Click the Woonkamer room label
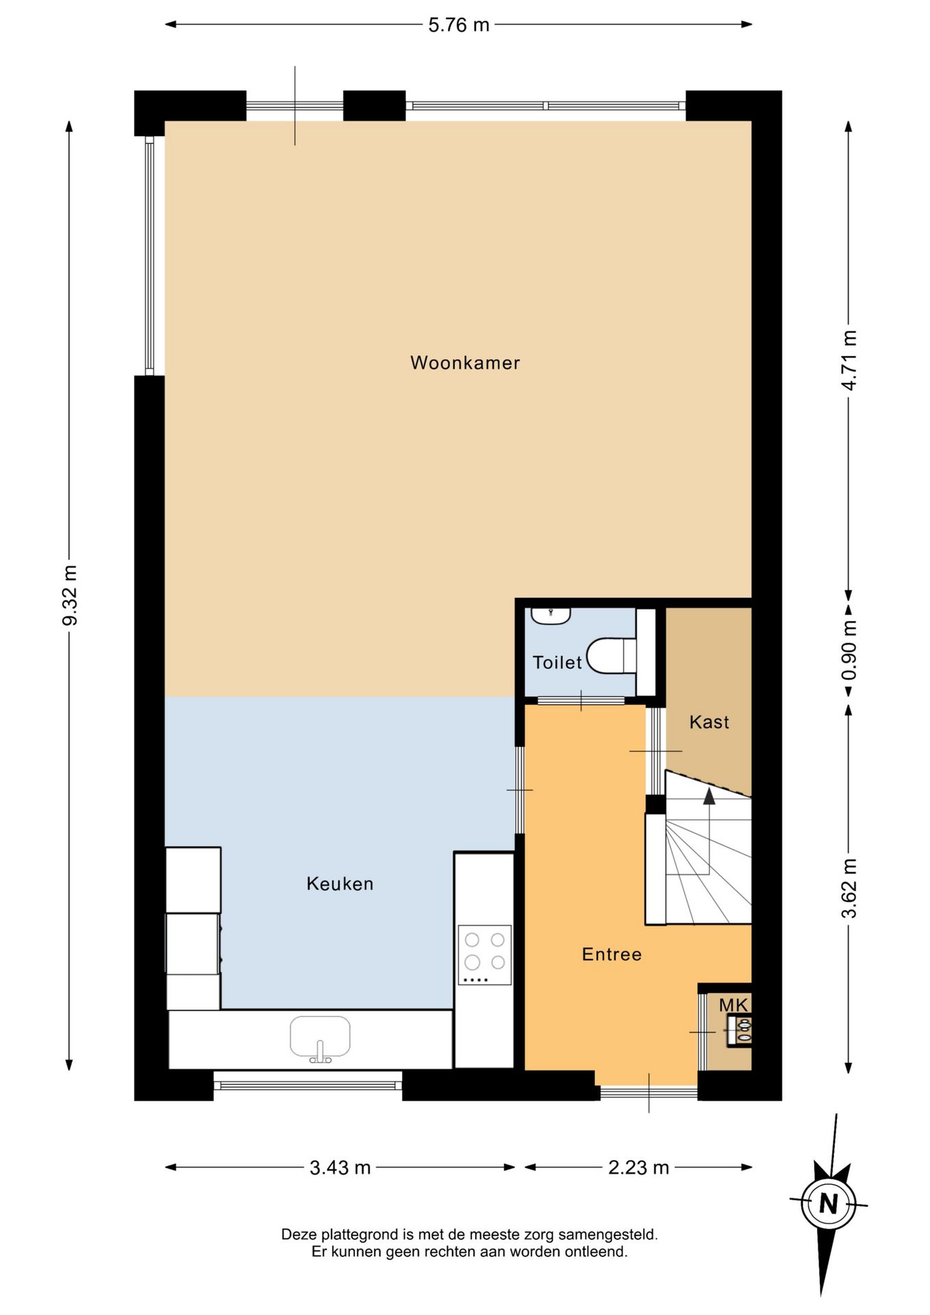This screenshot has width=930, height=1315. [465, 362]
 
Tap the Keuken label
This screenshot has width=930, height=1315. [340, 884]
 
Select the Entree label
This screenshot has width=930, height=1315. [612, 954]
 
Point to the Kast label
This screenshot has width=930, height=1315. [709, 722]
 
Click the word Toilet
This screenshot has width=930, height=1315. [557, 662]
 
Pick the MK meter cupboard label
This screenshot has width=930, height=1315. [733, 1005]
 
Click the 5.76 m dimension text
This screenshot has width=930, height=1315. [459, 25]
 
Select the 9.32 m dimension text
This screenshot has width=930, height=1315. [69, 595]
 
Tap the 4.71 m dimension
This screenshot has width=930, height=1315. [849, 360]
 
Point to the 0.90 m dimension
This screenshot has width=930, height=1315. [849, 650]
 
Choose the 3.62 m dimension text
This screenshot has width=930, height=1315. [849, 888]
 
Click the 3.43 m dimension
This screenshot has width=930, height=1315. [340, 1168]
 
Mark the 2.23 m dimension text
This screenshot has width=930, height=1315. [638, 1168]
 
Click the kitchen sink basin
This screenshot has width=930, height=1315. [320, 1037]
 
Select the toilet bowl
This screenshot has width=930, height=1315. [612, 655]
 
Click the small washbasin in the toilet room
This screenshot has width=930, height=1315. [551, 615]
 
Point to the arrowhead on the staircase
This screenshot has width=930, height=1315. [709, 795]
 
